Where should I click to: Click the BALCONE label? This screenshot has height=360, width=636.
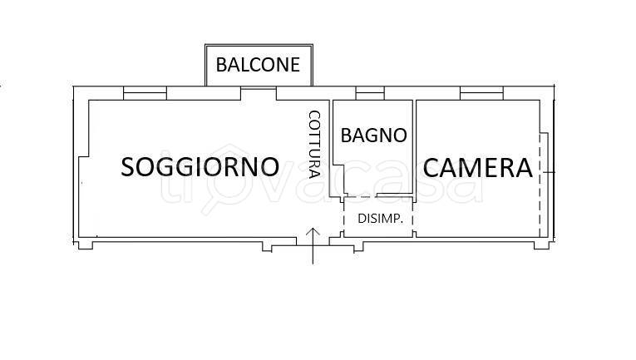[x=258, y=65]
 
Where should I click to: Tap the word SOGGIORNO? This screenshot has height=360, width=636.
[x=200, y=167]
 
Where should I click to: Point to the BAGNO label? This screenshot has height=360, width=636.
[x=373, y=135]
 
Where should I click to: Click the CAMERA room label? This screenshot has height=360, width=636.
[x=477, y=168]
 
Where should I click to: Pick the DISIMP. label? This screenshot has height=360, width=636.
[x=380, y=219]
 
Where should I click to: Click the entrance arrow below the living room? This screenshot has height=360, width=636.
[x=313, y=244]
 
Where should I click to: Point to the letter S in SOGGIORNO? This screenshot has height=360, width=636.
[x=131, y=167]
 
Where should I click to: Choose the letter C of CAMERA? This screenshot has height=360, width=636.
[x=432, y=168]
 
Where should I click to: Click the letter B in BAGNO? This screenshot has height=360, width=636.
[x=347, y=135]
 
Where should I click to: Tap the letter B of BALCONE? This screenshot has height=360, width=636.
[x=223, y=65]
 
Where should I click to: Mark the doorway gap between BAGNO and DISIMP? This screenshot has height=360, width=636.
[x=359, y=197]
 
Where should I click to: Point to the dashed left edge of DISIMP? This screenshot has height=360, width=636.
[x=344, y=218]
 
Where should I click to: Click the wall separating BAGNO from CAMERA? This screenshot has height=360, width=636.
[x=414, y=145]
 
